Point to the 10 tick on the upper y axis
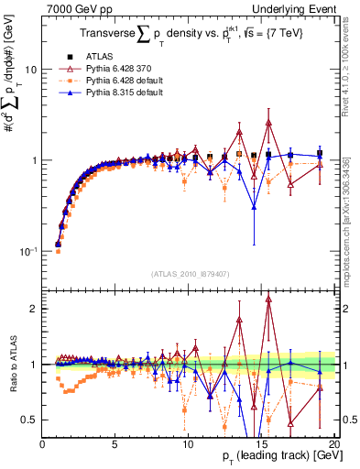tap(31, 70)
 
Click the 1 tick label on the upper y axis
tap(35, 160)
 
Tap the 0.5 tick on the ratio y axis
tap(29, 420)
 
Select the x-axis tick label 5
tap(115, 444)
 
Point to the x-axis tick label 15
tap(262, 444)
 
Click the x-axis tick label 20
tap(334, 444)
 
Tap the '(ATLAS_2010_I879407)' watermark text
tap(190, 273)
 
